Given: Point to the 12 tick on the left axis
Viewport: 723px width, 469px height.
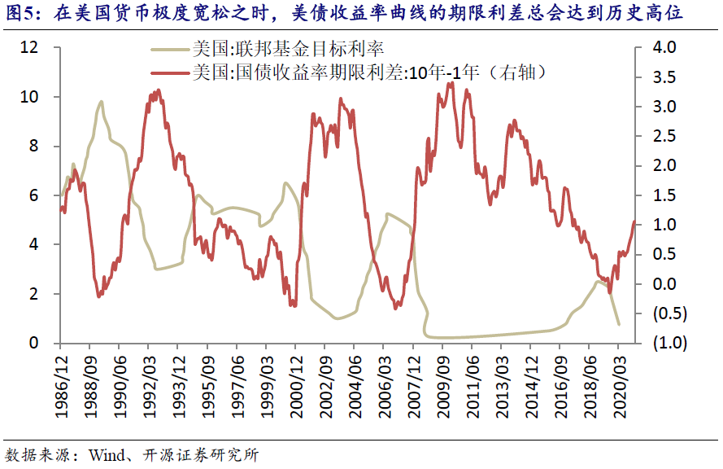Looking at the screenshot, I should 30,48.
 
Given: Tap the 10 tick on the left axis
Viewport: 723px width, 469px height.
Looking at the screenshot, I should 30,97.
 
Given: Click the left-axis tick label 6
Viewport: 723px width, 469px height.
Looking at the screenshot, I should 34,195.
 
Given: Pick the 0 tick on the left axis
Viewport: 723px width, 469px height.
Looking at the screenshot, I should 34,343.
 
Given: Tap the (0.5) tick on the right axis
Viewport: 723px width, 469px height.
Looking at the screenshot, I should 665,313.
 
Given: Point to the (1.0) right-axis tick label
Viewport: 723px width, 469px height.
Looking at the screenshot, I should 665,343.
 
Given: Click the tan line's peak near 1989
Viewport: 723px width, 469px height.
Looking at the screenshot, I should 101,102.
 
